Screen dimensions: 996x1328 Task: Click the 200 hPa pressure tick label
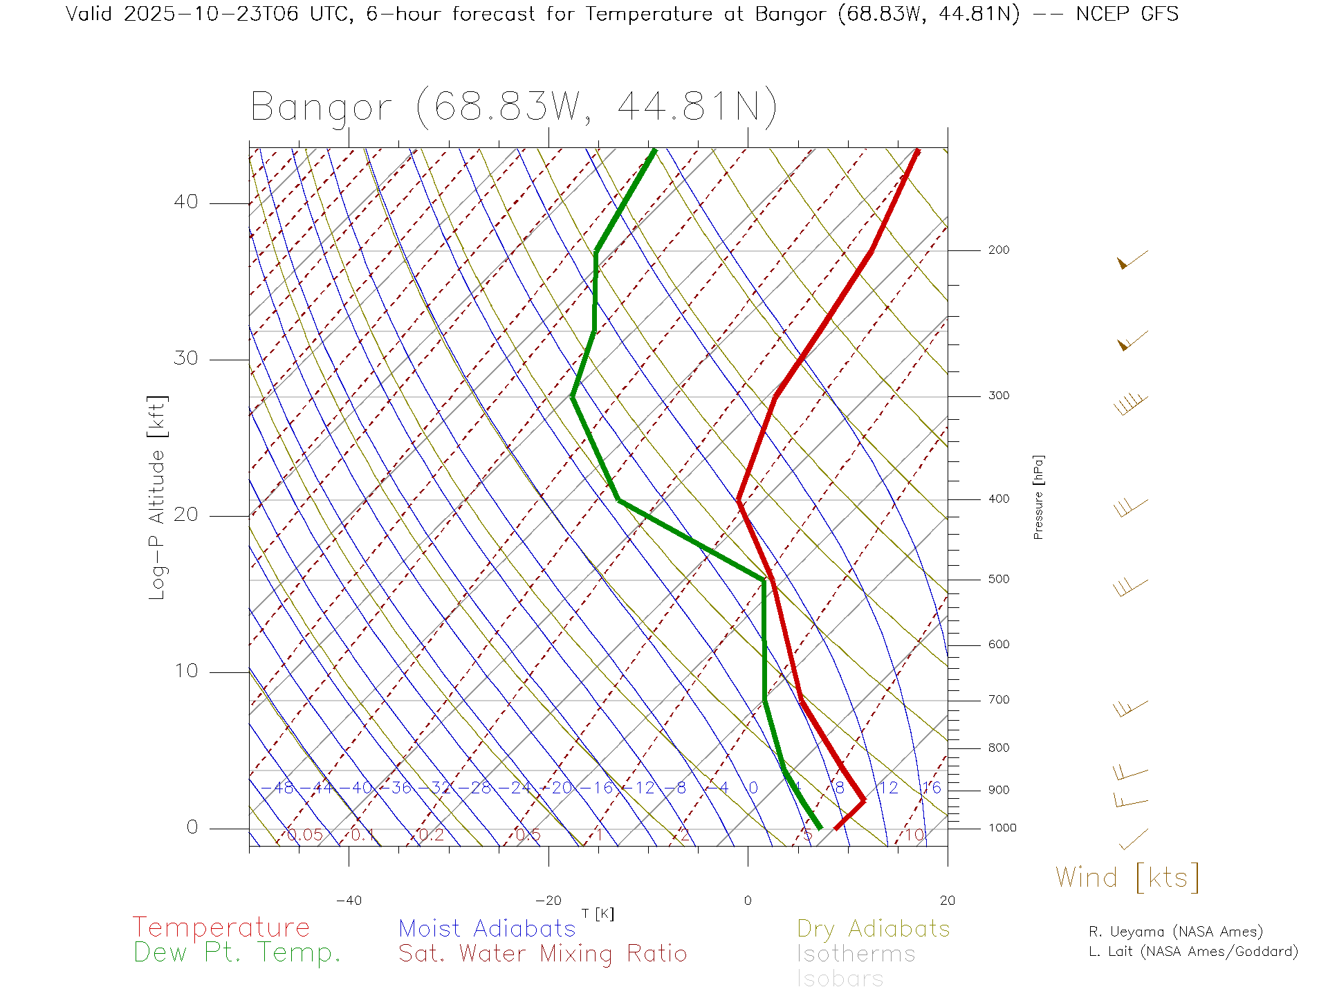tap(999, 250)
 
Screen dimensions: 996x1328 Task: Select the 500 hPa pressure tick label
tap(999, 579)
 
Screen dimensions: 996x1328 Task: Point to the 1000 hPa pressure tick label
tap(1002, 828)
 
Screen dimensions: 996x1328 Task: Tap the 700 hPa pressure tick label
tap(999, 700)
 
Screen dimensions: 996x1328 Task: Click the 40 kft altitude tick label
tap(185, 202)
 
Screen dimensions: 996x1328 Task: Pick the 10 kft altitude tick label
tap(185, 671)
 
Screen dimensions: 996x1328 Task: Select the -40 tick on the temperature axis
tap(349, 901)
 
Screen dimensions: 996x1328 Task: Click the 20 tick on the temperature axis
tap(947, 901)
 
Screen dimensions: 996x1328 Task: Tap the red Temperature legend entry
tap(221, 928)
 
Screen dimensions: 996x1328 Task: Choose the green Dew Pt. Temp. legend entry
tap(237, 953)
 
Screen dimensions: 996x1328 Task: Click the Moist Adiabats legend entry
tap(488, 929)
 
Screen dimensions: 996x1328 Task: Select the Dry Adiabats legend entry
tap(874, 929)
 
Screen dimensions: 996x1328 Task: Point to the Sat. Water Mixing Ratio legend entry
tap(543, 954)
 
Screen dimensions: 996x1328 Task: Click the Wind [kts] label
tap(1127, 878)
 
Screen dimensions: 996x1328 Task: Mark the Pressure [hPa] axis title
tap(1038, 497)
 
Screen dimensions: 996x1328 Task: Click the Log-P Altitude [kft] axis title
tap(158, 498)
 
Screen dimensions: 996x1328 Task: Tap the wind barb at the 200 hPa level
tap(1132, 260)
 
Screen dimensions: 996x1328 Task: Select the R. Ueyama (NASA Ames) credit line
tap(1176, 932)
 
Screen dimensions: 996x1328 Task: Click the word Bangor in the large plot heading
tap(322, 108)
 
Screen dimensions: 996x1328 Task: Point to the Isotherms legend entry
tap(856, 954)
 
